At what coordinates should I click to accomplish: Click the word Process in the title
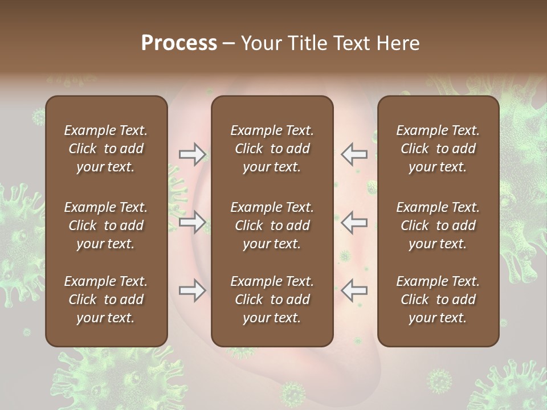(179, 43)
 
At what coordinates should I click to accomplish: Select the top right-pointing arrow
(192, 154)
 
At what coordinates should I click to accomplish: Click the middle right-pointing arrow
(192, 222)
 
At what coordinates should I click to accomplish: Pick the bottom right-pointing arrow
(192, 290)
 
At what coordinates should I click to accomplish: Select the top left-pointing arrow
(354, 154)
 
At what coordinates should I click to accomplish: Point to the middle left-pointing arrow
(354, 222)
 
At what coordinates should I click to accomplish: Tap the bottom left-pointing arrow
(354, 290)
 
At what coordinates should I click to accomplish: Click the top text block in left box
(106, 149)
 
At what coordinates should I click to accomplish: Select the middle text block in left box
(106, 225)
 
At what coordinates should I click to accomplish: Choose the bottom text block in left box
(106, 300)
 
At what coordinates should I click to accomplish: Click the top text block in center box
(272, 149)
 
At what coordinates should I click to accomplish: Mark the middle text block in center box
(272, 225)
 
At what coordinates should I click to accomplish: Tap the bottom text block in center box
(272, 300)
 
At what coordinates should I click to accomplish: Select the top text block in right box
(438, 149)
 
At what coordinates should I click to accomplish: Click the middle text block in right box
(438, 225)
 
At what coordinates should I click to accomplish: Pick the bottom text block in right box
(438, 300)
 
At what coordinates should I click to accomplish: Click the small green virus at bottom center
(292, 393)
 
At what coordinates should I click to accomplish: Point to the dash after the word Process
(228, 43)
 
